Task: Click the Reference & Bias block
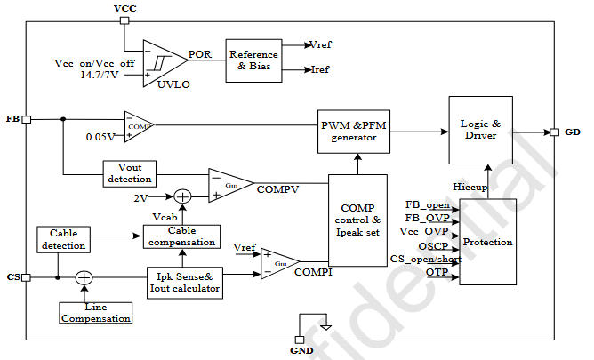coord(253,60)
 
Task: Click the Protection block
coord(488,242)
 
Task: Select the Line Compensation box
coord(96,312)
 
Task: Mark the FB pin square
coord(27,118)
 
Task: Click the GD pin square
coord(554,132)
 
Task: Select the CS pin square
coord(27,277)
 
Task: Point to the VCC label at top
coord(125,9)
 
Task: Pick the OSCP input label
coord(432,246)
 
